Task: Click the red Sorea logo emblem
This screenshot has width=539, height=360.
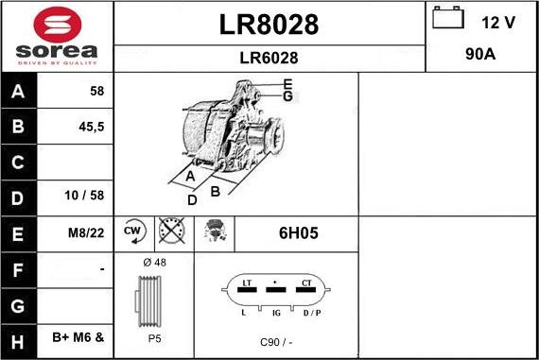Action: [x=58, y=25]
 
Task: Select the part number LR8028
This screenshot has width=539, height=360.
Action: [x=269, y=25]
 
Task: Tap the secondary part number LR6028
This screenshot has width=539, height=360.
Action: [x=269, y=58]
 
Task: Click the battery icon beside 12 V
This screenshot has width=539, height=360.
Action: [x=448, y=18]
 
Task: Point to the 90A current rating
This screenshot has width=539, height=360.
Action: [x=480, y=54]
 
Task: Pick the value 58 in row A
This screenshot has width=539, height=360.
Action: [x=97, y=91]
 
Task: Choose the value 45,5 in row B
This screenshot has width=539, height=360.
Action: [x=92, y=127]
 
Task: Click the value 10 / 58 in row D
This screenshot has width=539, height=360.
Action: [x=84, y=196]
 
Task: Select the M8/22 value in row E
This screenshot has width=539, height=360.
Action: [x=86, y=232]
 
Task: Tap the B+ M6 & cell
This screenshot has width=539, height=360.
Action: [x=78, y=337]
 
